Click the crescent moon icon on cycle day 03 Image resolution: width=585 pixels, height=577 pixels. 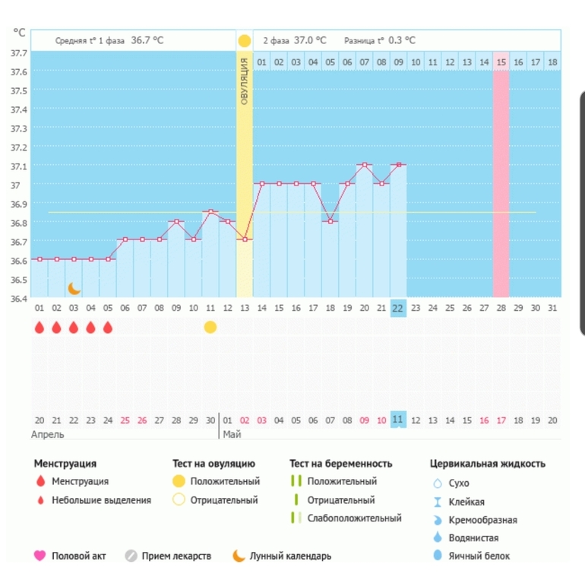[74, 288]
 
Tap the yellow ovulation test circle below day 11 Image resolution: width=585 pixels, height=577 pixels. [210, 327]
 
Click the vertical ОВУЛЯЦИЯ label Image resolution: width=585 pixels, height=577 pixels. [244, 81]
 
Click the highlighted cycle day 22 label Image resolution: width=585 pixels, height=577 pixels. [398, 308]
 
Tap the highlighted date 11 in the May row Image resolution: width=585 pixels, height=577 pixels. [398, 420]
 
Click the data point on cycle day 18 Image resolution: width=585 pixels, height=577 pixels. [330, 221]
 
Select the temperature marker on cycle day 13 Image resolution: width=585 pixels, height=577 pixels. [244, 239]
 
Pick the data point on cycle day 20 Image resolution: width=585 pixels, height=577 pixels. [365, 165]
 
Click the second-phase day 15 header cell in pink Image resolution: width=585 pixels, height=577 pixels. [501, 62]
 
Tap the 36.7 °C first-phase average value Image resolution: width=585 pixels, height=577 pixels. [147, 40]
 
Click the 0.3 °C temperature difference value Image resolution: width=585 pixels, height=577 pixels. [402, 40]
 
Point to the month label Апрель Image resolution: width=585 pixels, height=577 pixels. [48, 435]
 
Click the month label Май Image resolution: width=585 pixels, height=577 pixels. [231, 435]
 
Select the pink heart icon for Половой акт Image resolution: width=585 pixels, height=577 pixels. [40, 556]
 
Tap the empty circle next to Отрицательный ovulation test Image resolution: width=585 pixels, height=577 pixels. [179, 500]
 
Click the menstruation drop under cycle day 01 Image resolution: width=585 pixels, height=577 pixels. [40, 327]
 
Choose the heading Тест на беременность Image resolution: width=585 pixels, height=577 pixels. [340, 463]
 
